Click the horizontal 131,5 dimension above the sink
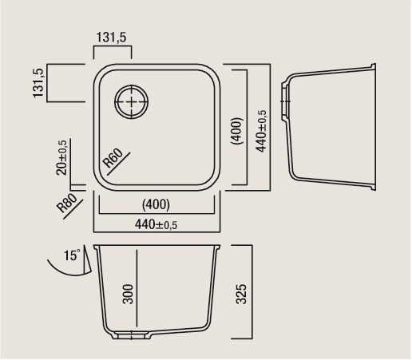coord(111,38)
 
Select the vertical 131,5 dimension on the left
coord(38,83)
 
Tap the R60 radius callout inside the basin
coord(113,158)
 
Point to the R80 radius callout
coord(67,203)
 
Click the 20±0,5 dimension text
coord(61,157)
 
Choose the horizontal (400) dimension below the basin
coord(156,204)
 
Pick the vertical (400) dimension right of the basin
coord(237,131)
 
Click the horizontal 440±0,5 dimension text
coord(156,225)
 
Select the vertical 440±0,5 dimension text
coord(261,131)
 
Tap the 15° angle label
coord(72,255)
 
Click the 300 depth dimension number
coord(128,294)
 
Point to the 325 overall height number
coord(242,294)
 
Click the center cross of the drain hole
coord(132,101)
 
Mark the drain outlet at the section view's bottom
coord(132,335)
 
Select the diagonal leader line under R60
coord(119,164)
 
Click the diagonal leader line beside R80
coord(73,208)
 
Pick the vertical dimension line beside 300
coord(137,288)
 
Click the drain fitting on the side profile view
coord(285,101)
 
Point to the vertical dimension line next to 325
coord(252,292)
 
